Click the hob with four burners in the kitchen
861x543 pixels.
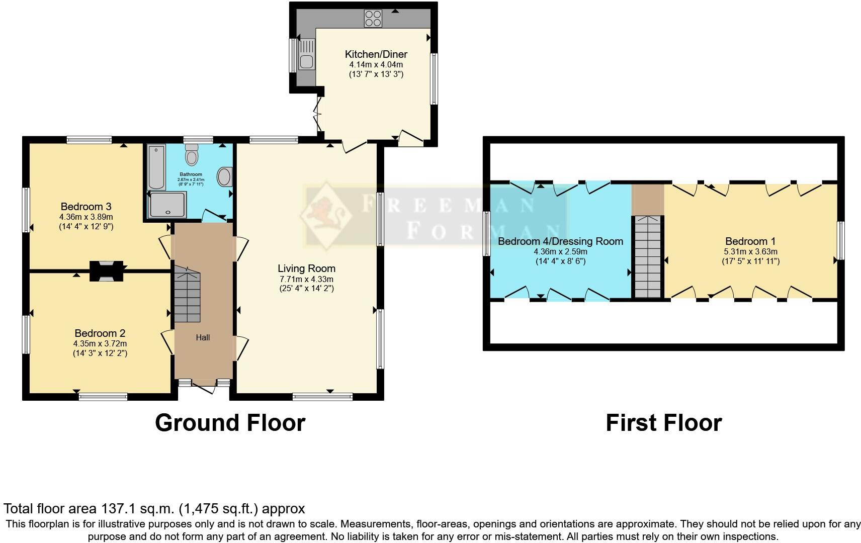tap(373, 19)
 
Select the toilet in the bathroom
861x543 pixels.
tap(191, 155)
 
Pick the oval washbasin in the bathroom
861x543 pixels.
tap(225, 177)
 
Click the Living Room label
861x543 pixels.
tap(306, 268)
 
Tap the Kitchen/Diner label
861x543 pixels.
tap(376, 54)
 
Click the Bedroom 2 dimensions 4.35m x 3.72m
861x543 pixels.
tap(100, 343)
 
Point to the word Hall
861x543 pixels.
tap(203, 337)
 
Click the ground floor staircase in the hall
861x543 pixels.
tap(187, 297)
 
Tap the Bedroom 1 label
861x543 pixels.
tap(746, 241)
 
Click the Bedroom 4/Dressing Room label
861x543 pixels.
tap(560, 241)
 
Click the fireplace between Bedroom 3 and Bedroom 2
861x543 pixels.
tap(107, 271)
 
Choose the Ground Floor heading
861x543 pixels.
tap(230, 423)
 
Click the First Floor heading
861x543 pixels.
tap(663, 423)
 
